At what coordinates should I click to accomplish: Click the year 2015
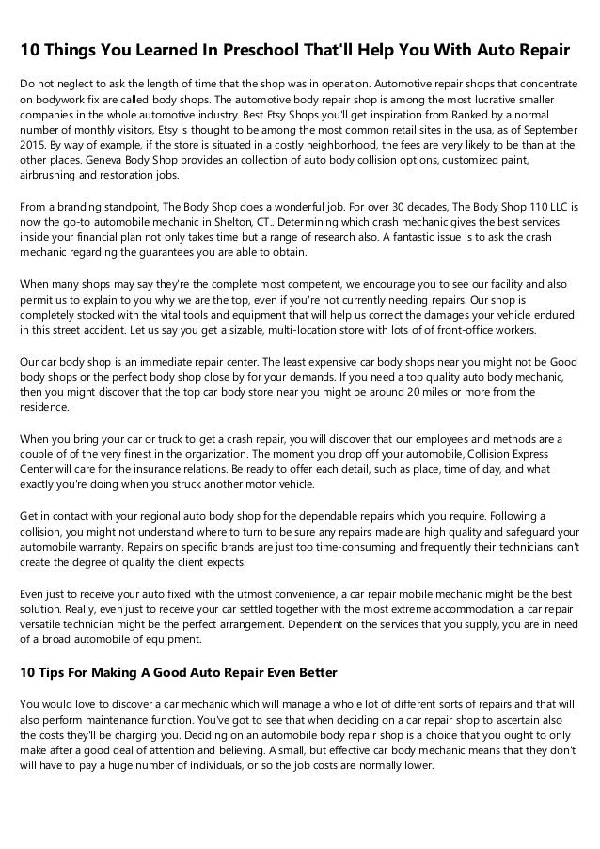click(34, 146)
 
